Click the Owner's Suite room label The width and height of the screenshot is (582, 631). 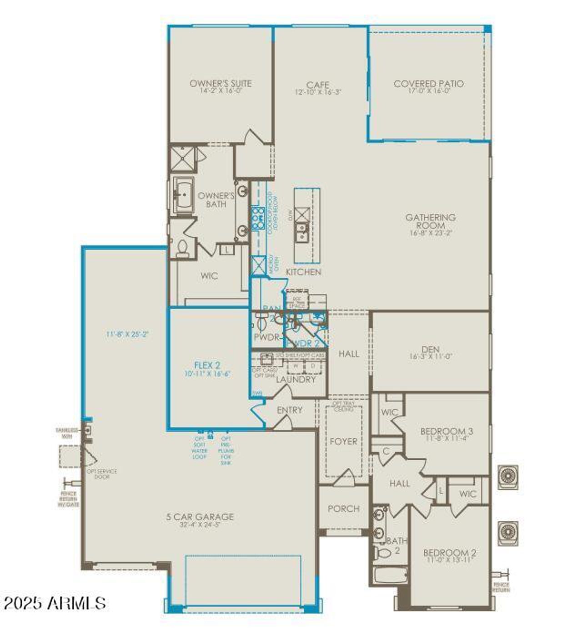[x=221, y=83]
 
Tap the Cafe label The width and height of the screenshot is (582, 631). [x=318, y=85]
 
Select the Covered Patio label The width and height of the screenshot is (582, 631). [x=429, y=84]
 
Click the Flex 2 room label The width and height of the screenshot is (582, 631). [x=207, y=365]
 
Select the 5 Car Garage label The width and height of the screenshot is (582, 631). [x=200, y=517]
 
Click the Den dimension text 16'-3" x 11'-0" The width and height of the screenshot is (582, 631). [x=431, y=357]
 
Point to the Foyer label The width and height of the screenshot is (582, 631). [x=343, y=441]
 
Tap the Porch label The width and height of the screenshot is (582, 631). [x=343, y=509]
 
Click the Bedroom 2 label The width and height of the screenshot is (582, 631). [x=450, y=553]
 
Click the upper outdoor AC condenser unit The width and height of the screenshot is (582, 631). [x=507, y=477]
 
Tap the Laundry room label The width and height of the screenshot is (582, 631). [x=296, y=379]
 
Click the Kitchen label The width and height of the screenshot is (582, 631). [x=303, y=272]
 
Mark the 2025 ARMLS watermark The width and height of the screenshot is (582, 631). [x=55, y=603]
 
